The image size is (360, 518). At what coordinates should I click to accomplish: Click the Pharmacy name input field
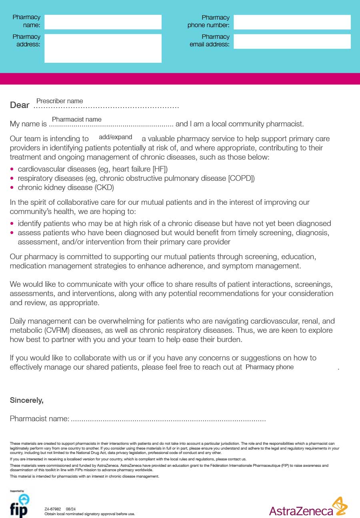click(103, 22)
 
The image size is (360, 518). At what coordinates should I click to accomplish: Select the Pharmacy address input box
click(103, 48)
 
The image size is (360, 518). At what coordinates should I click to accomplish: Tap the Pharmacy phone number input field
click(292, 22)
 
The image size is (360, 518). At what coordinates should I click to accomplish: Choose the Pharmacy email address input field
click(292, 42)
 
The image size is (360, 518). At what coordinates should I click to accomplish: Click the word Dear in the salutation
click(20, 105)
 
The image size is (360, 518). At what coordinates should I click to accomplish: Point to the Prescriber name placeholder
click(60, 101)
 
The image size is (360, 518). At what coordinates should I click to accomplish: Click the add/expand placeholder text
click(115, 137)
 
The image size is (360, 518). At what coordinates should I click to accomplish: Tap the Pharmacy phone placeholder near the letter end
click(269, 367)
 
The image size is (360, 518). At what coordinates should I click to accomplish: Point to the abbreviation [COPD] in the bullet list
click(241, 178)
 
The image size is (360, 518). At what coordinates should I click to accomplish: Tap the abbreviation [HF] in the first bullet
click(160, 169)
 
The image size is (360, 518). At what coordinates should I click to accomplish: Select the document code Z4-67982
click(52, 509)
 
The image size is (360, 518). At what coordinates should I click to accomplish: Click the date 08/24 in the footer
click(70, 509)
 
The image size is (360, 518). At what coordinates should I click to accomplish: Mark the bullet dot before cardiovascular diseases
click(12, 169)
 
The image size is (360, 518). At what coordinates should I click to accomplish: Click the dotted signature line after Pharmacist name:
click(168, 419)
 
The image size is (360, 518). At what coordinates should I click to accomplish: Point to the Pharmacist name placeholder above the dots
click(76, 119)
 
